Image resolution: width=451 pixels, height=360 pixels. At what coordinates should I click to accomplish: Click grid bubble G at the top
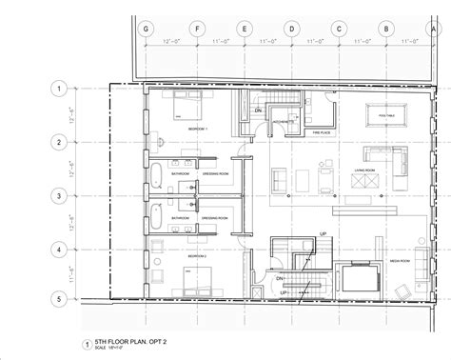[146, 30]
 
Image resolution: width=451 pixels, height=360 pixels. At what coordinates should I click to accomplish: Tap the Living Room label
[367, 172]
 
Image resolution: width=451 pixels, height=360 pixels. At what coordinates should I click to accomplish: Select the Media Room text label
[399, 259]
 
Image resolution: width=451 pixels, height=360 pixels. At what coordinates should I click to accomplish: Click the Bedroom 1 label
[197, 128]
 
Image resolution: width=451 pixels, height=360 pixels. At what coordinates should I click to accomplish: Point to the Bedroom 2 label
[198, 257]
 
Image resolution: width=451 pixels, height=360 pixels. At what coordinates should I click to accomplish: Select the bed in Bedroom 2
[198, 278]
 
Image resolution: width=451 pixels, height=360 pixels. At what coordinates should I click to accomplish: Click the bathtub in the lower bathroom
[152, 217]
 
